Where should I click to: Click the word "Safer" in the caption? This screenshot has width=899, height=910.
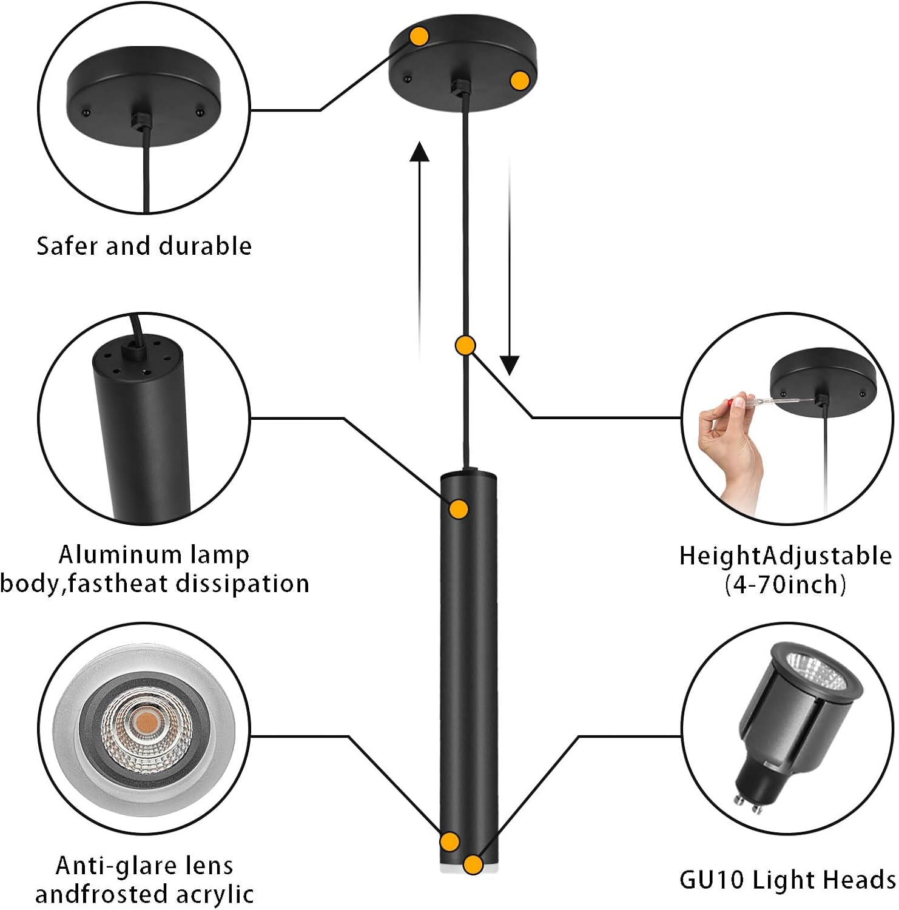coord(67,246)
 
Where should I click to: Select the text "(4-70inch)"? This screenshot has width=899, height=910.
coord(785,584)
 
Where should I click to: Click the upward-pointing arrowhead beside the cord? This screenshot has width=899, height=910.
coord(419,152)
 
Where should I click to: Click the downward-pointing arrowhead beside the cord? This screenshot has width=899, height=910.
coord(510,365)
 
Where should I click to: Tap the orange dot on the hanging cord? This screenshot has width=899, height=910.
coord(465,346)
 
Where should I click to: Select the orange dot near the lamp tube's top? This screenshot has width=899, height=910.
coord(459,509)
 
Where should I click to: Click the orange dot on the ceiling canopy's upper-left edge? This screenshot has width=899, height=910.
coord(419,36)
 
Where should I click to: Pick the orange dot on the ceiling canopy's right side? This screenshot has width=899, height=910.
coord(520,81)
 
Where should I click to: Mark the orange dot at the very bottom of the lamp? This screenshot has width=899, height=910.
coord(473,864)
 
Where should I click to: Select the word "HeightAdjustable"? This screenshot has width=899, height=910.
coord(785,556)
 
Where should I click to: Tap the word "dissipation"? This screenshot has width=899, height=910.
coord(243,584)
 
